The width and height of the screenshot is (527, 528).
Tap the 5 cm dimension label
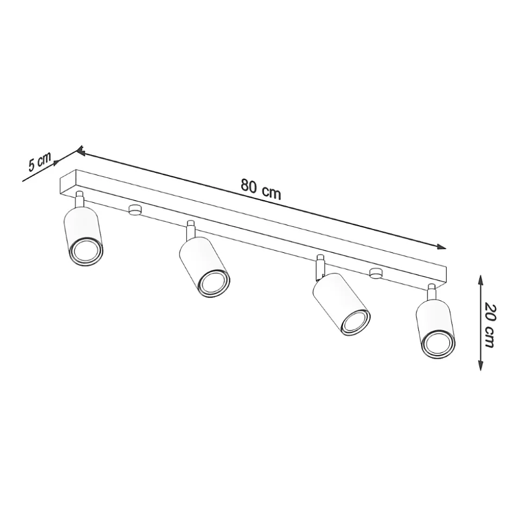tap(39, 161)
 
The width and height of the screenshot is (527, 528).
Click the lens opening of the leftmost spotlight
tap(86, 252)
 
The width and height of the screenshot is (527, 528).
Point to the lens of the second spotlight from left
tap(215, 280)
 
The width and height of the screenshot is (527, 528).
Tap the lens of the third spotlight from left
tap(355, 322)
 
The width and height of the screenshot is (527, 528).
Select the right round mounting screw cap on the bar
tap(375, 273)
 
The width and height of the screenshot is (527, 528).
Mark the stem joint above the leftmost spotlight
tap(80, 200)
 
